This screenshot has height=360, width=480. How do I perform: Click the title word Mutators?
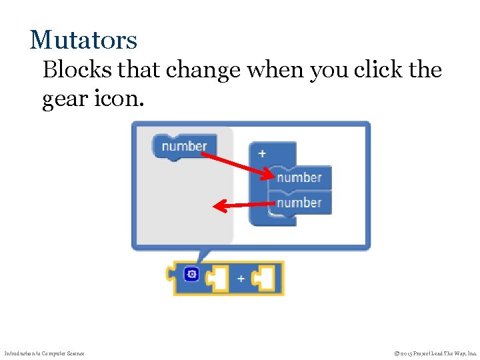pyautogui.click(x=83, y=40)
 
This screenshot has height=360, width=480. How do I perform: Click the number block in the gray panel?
pyautogui.click(x=184, y=146)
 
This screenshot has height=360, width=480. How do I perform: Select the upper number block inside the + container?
pyautogui.click(x=299, y=177)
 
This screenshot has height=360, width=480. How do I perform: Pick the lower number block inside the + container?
pyautogui.click(x=299, y=202)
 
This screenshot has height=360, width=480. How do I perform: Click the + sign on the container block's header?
pyautogui.click(x=262, y=153)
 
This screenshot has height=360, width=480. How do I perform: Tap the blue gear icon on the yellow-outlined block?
pyautogui.click(x=191, y=274)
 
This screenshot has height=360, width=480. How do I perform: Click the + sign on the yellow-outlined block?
pyautogui.click(x=240, y=278)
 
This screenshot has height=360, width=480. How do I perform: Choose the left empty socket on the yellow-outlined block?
pyautogui.click(x=219, y=278)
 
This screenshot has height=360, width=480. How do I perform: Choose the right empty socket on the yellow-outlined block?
pyautogui.click(x=265, y=278)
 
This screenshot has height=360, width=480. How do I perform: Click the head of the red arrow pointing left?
pyautogui.click(x=217, y=207)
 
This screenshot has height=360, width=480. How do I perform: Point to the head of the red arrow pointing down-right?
pyautogui.click(x=269, y=176)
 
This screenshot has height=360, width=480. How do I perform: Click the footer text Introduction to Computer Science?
pyautogui.click(x=45, y=353)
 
